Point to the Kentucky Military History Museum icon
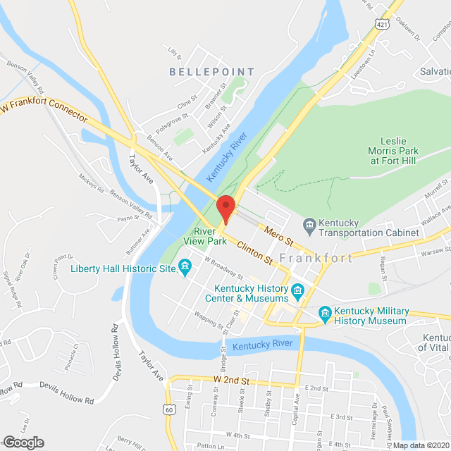325,311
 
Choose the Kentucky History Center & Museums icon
297,290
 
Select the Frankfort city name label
316,258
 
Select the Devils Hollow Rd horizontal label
66,401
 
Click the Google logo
23,442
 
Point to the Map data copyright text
420,445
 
